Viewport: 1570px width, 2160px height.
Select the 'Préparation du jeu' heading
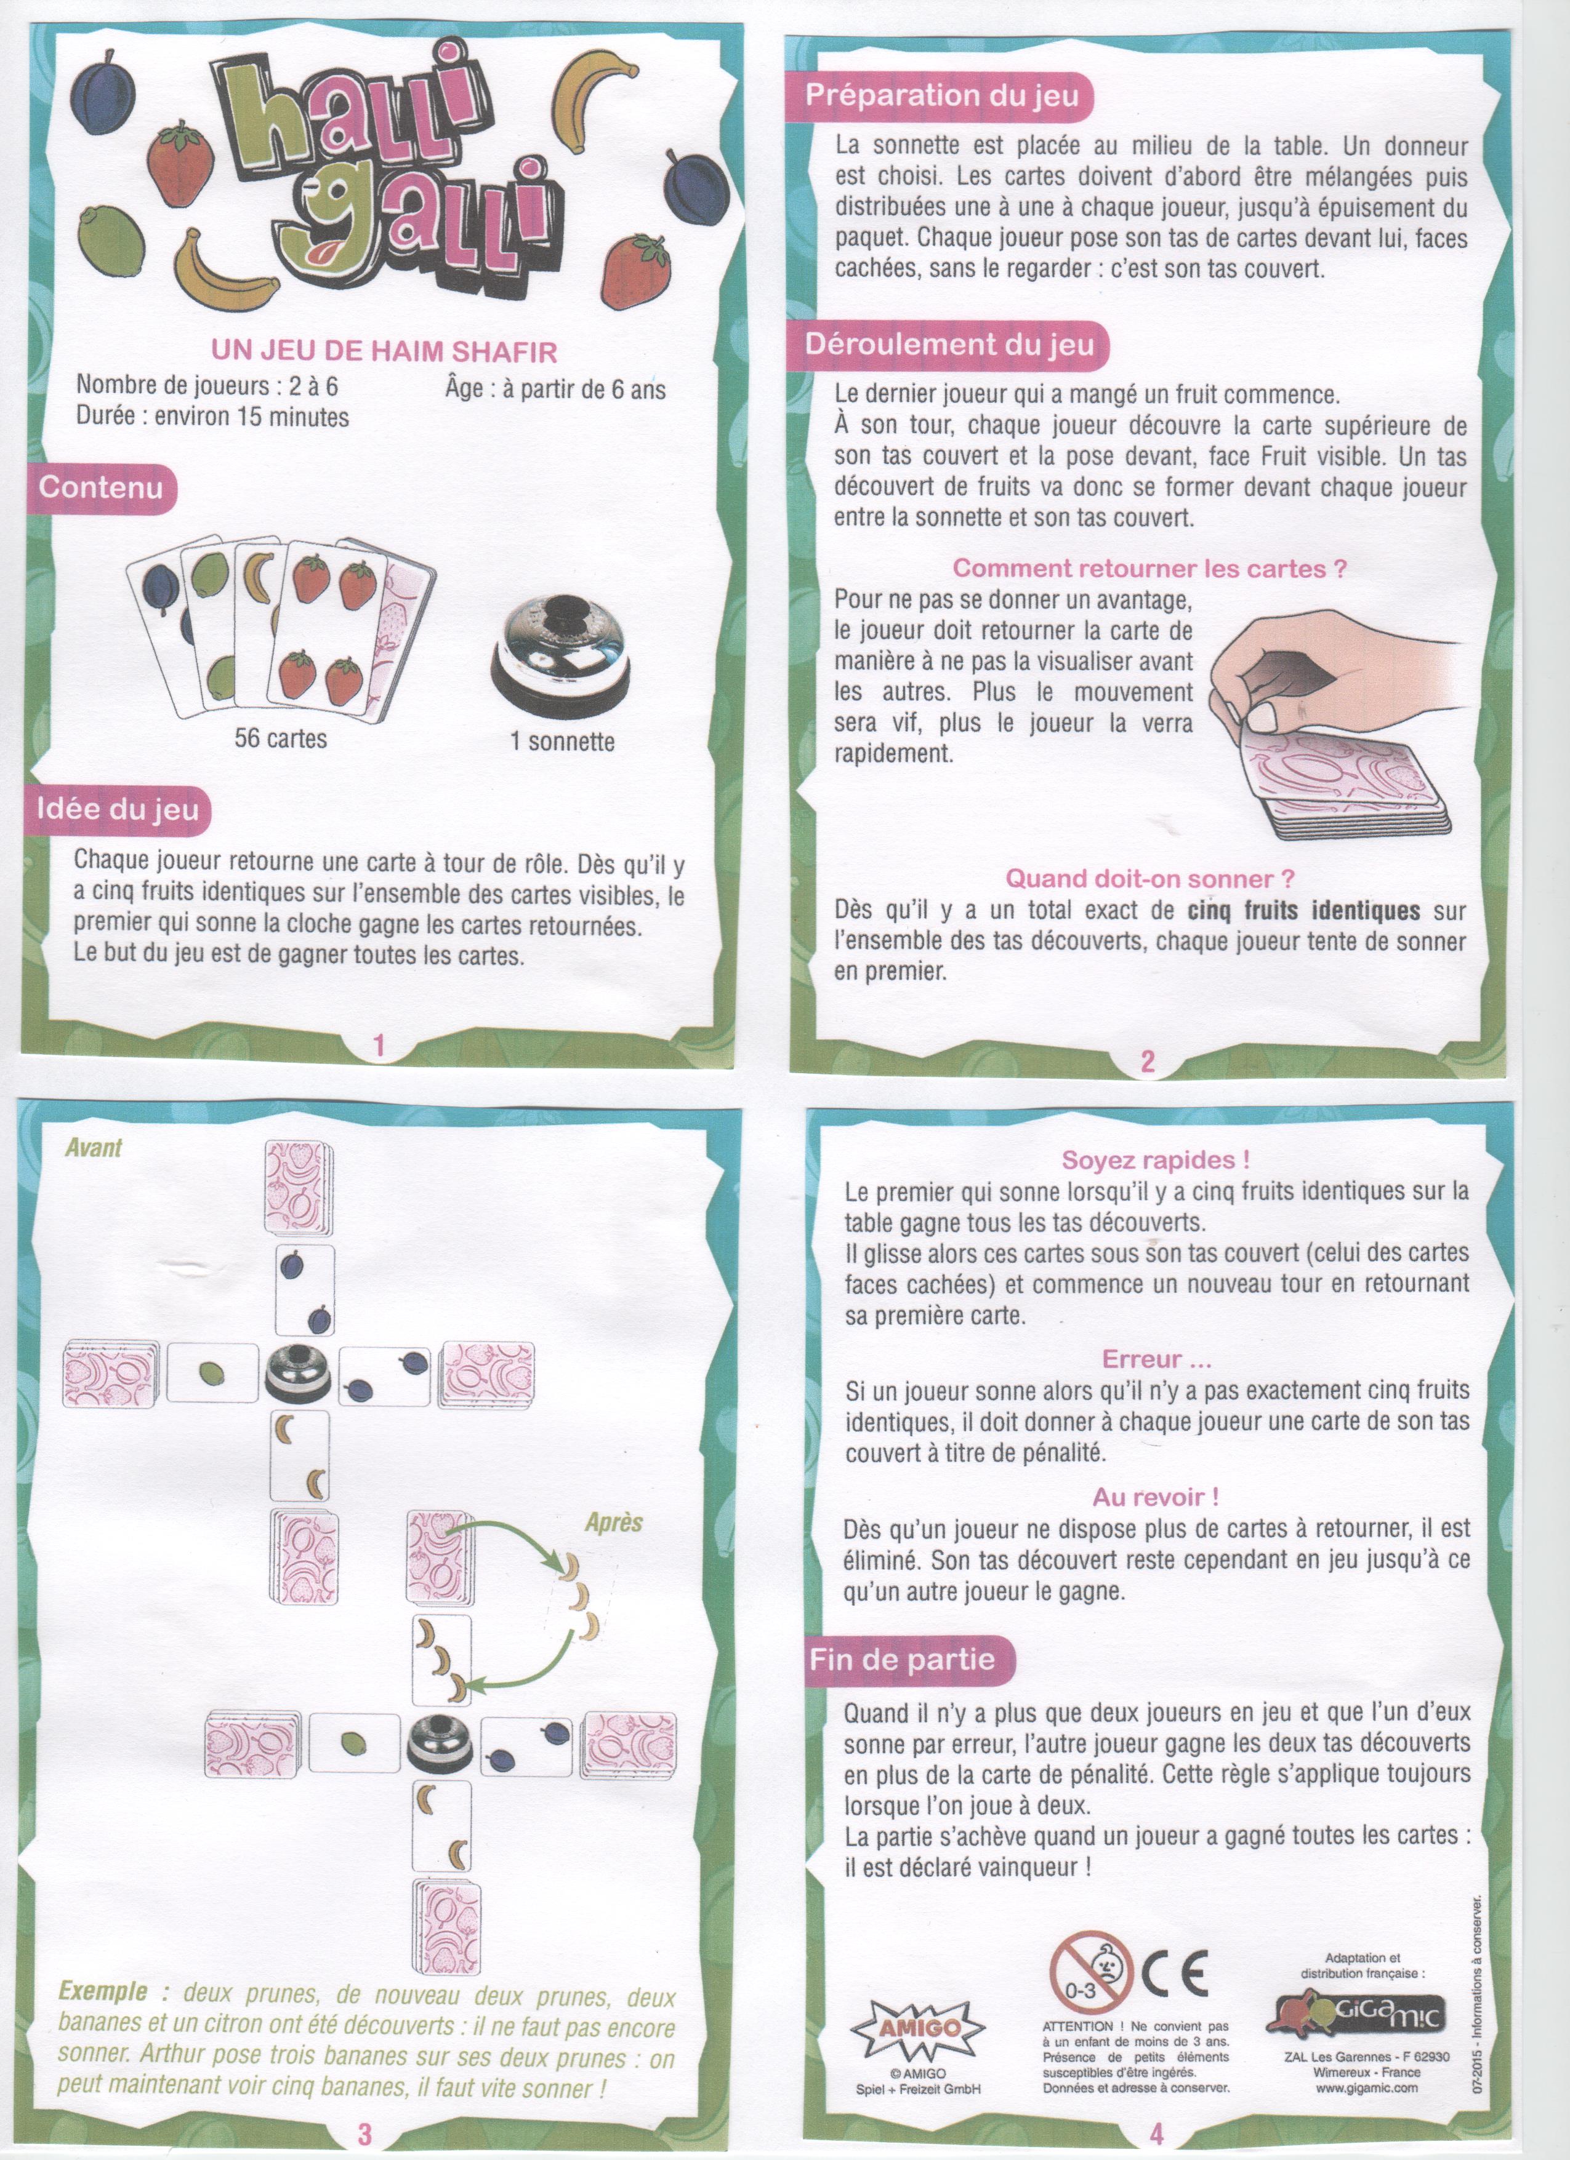coord(941,95)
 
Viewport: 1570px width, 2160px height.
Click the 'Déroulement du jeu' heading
coord(949,344)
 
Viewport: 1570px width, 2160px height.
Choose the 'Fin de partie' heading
coord(901,1660)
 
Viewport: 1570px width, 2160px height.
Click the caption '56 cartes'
coord(280,738)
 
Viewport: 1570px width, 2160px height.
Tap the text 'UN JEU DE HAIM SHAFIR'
coord(384,351)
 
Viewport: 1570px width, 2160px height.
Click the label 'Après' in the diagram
coord(613,1522)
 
